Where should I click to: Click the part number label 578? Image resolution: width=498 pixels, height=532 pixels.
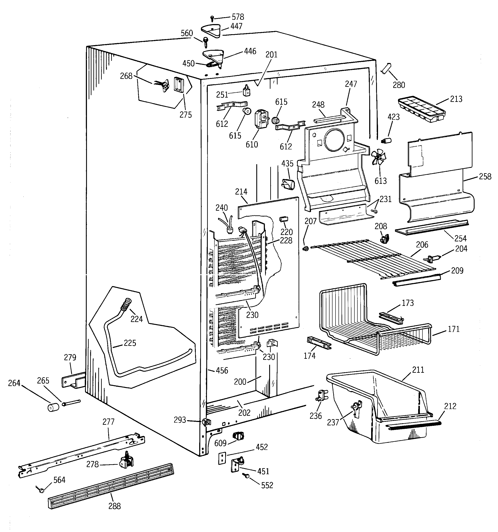tap(238, 17)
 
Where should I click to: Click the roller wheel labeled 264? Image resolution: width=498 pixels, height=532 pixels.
tap(53, 408)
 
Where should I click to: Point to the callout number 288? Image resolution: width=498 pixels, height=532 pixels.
tap(114, 506)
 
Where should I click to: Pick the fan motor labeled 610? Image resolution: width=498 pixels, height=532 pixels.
tap(260, 119)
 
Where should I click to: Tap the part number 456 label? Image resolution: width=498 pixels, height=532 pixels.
tap(222, 370)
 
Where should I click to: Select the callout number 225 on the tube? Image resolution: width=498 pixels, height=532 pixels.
tap(130, 343)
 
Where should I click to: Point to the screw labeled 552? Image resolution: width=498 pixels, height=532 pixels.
tap(245, 475)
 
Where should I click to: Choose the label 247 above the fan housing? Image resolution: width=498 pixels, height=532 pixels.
tap(351, 84)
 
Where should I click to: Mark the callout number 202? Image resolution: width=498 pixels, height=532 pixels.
tap(244, 413)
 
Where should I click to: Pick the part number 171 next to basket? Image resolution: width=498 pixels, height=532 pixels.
tap(453, 329)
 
